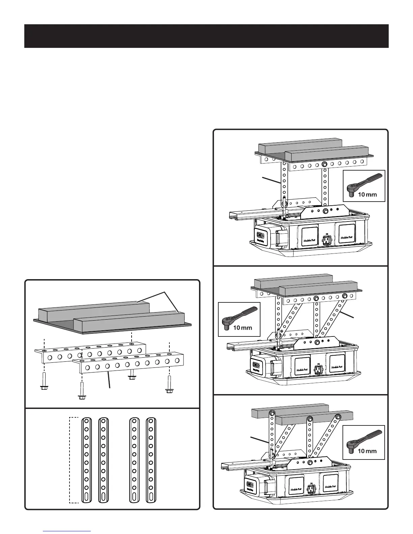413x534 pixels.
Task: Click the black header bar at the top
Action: [206, 36]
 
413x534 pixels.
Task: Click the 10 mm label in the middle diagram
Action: [242, 327]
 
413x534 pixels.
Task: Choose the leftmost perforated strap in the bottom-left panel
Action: [86, 462]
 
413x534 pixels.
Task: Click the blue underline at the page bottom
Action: [67, 531]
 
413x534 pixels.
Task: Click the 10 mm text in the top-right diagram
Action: [367, 195]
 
